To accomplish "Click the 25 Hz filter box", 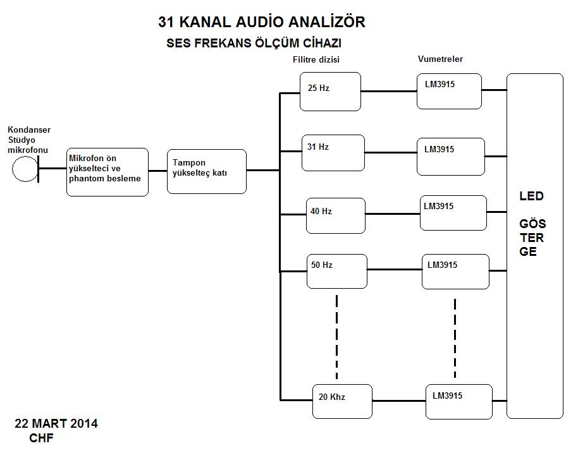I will [330, 92].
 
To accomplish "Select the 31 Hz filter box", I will [333, 153].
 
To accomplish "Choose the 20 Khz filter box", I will [342, 401].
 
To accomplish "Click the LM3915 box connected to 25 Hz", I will [449, 91].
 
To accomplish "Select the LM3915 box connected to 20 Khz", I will [459, 401].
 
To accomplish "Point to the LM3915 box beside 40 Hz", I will [453, 213].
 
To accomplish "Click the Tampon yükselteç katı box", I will [207, 171].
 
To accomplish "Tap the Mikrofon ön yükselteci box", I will [108, 172].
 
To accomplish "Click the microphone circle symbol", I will [25, 169].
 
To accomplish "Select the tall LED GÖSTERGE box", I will [534, 246].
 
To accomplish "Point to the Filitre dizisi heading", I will [317, 60].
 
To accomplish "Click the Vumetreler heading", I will [440, 59].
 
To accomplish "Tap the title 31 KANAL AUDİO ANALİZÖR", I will [262, 22].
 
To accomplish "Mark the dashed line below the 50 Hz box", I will [336, 335].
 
